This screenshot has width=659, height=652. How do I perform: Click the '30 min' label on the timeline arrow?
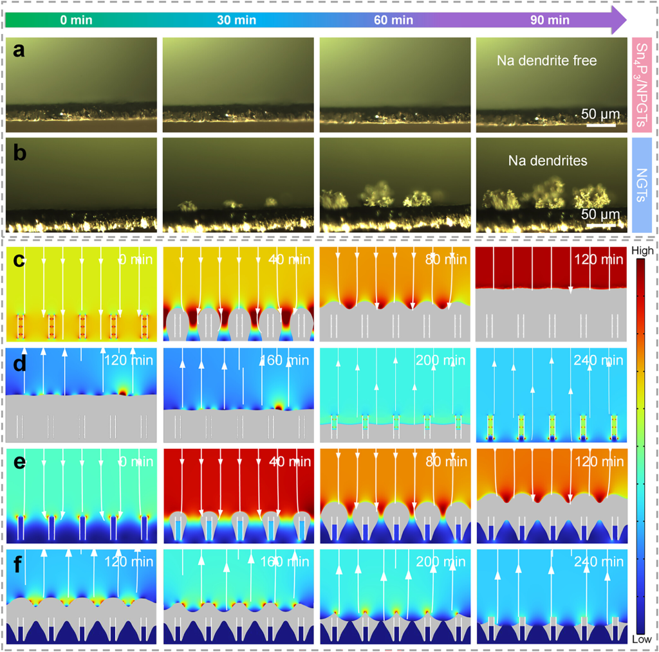tap(236, 20)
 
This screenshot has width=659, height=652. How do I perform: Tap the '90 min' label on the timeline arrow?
tap(550, 20)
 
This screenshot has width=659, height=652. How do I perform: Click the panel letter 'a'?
tap(20, 50)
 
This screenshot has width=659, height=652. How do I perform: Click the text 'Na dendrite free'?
tap(547, 61)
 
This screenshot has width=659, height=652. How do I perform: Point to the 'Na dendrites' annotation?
tap(550, 161)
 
